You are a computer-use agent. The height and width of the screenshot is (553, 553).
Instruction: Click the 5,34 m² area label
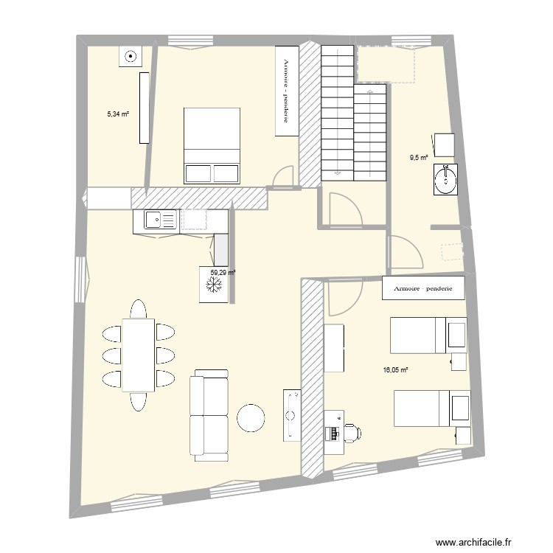click(118, 114)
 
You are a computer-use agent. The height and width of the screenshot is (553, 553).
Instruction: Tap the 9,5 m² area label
click(419, 157)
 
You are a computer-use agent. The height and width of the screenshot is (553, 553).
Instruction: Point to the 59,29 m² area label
click(223, 272)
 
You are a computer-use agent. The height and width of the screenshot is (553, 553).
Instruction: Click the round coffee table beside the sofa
click(251, 417)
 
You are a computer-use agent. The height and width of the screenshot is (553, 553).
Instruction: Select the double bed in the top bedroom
click(212, 145)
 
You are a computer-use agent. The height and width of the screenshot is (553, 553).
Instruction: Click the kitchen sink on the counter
click(157, 220)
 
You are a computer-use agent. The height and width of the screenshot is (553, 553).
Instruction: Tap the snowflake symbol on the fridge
click(214, 288)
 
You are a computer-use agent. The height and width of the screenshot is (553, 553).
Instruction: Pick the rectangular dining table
click(138, 355)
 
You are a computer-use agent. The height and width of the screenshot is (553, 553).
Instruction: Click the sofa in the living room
click(209, 414)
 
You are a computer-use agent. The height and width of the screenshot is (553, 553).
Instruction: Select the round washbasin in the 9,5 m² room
click(445, 178)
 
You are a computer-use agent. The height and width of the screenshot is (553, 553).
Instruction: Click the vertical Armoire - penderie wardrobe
click(286, 91)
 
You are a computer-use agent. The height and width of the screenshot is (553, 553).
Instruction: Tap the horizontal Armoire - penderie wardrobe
click(423, 289)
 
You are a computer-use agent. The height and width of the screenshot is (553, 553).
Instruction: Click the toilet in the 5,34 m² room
click(130, 56)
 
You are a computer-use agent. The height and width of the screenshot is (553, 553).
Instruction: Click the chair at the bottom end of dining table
click(138, 402)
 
